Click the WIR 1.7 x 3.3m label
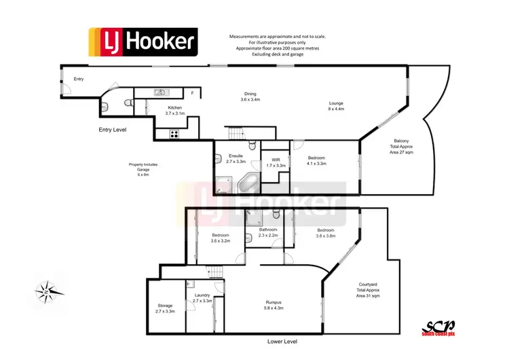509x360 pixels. click(x=276, y=163)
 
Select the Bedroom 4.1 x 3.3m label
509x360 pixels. click(x=316, y=161)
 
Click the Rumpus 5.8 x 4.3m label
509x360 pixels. click(x=274, y=305)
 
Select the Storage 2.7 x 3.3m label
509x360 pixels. click(x=166, y=308)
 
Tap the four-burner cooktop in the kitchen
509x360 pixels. click(x=174, y=134)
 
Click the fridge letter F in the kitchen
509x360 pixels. click(x=193, y=92)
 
